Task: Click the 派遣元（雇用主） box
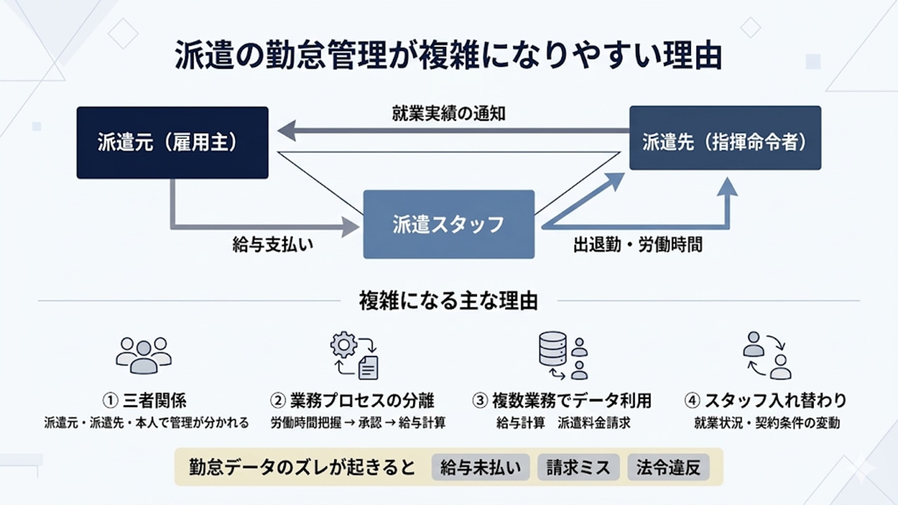172,142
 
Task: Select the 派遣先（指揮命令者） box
725,138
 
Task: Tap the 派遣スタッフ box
448,224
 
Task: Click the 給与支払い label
272,245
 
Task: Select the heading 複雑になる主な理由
448,301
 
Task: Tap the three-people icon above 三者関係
144,354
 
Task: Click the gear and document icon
355,356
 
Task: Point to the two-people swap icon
766,356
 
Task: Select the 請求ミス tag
579,467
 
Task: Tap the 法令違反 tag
669,467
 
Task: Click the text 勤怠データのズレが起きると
302,467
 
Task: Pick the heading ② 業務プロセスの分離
352,400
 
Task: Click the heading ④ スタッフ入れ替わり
765,400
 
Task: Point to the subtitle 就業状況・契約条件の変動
766,423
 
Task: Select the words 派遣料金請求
594,423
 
